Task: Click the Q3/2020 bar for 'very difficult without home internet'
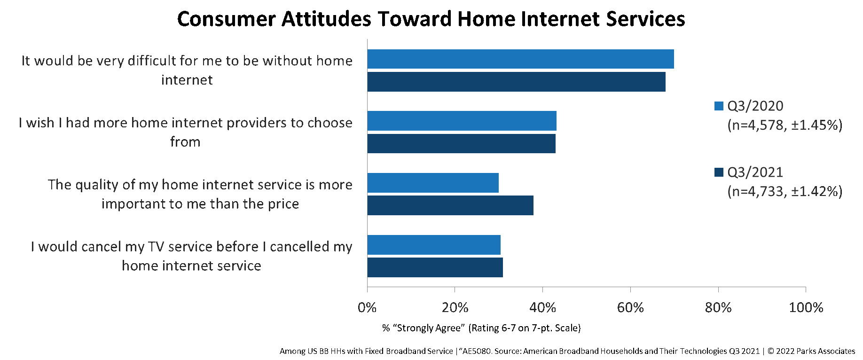point(520,59)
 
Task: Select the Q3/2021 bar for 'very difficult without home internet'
point(516,82)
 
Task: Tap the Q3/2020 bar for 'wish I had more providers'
point(462,121)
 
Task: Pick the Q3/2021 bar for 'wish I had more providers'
point(461,143)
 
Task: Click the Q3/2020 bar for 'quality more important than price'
point(433,183)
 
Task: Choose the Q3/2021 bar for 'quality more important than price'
point(450,205)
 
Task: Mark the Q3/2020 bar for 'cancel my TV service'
point(434,245)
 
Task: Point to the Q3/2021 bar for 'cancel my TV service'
point(435,267)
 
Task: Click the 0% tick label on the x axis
point(367,308)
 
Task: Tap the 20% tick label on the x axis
point(455,308)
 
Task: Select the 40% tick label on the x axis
point(542,308)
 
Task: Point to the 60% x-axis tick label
point(630,308)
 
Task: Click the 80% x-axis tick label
point(718,308)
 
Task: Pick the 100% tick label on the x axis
point(806,308)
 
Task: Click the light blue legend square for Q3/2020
point(719,106)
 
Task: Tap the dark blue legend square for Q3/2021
point(719,172)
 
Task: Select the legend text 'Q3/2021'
point(755,172)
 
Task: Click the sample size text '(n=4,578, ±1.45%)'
point(785,125)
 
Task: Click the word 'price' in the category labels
point(283,204)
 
